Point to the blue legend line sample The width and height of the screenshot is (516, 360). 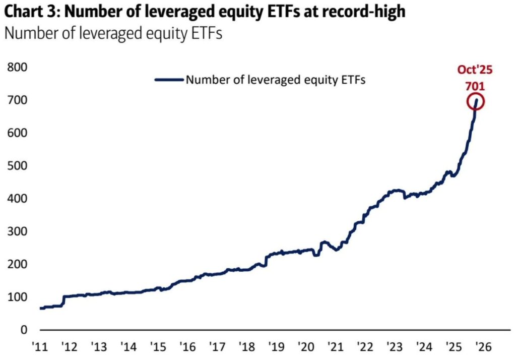pyautogui.click(x=169, y=79)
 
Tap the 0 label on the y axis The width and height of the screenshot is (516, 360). pyautogui.click(x=23, y=330)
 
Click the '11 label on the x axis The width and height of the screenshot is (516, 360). pyautogui.click(x=39, y=347)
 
